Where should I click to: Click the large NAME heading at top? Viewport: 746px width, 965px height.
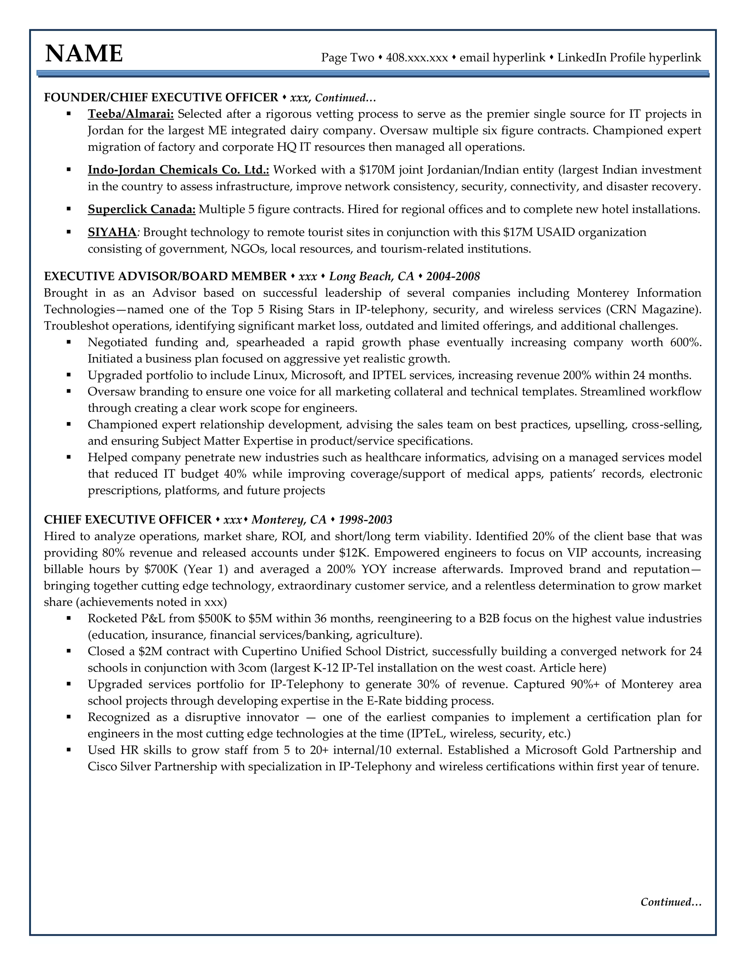84,54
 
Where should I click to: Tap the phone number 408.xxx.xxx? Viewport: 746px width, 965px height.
417,58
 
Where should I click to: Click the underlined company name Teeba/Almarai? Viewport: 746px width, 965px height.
131,114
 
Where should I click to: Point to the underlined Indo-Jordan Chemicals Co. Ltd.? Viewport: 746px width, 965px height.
178,170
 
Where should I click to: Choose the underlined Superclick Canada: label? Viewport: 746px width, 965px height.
141,209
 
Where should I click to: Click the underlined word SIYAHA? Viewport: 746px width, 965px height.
112,232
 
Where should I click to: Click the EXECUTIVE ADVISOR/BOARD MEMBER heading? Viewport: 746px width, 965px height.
165,277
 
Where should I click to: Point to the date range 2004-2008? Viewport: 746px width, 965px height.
453,277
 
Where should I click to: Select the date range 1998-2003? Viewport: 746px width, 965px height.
365,520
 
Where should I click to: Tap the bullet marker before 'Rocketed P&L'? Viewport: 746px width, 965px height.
69,619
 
